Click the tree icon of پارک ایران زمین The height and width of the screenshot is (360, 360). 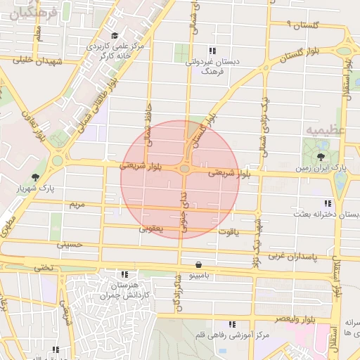coord(321,156)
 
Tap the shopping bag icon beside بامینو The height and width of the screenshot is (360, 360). coord(200,265)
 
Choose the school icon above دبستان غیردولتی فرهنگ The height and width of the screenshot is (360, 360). coord(212,50)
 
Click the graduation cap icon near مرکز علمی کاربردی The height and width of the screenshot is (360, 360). coord(115,36)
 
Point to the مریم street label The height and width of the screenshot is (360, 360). coord(77,205)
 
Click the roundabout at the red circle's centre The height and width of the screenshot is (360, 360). coord(184,169)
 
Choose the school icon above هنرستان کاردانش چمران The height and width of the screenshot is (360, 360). coord(124,274)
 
